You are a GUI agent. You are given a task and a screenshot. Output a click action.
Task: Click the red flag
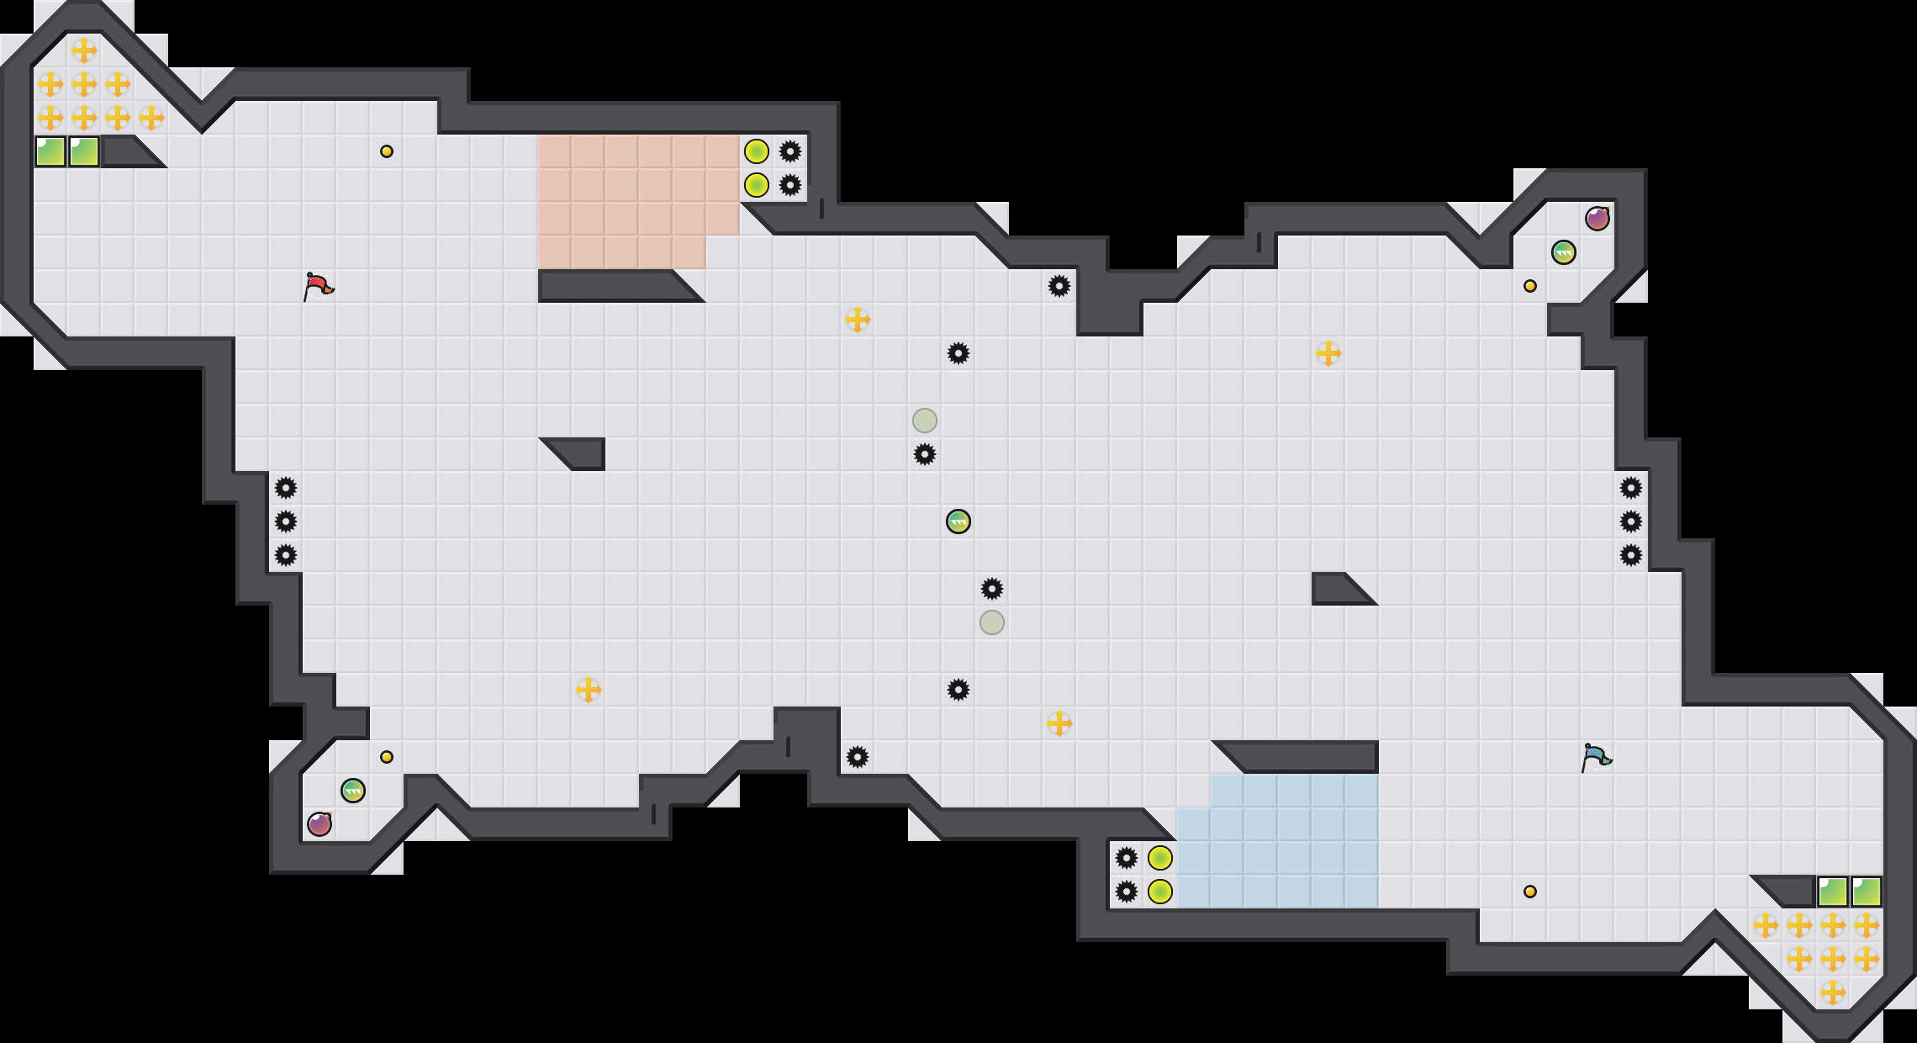point(318,286)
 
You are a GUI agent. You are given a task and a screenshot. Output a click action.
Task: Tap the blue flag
point(1595,757)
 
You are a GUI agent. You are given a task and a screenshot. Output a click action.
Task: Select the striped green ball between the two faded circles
point(958,521)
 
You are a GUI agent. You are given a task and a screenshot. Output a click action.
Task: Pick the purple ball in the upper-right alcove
point(1597,219)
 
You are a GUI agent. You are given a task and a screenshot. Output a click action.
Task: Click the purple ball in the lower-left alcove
point(319,823)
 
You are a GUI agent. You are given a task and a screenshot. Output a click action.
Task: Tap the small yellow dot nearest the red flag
point(387,151)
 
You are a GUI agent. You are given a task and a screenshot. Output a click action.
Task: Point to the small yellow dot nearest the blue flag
point(1530,892)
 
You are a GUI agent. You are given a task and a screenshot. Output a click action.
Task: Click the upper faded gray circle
point(925,421)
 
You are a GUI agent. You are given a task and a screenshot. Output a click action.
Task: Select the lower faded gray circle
point(992,622)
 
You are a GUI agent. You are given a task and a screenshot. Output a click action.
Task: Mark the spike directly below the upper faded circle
point(925,454)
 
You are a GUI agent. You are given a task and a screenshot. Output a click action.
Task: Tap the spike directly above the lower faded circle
point(992,589)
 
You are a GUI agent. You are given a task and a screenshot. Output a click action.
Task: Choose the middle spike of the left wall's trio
point(286,521)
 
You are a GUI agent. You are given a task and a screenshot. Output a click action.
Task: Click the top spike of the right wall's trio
point(1631,488)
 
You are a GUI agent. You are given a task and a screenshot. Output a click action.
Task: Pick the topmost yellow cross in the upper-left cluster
point(84,50)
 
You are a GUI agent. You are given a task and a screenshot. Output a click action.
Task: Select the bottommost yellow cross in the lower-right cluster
point(1833,993)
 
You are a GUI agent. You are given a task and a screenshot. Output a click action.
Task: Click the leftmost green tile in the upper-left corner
point(50,151)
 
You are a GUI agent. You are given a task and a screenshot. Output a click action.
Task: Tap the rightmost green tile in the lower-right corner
point(1867,892)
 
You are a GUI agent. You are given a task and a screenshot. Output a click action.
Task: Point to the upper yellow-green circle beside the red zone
point(757,151)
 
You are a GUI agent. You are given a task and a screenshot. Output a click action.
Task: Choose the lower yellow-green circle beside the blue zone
point(1160,892)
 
